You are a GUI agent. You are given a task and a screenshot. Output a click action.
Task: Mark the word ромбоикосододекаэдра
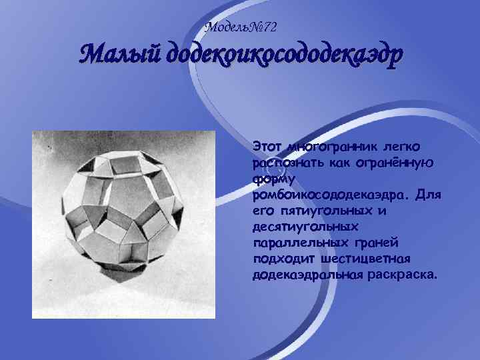pyautogui.click(x=331, y=195)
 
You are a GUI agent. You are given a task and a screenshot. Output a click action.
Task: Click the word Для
pyautogui.click(x=428, y=195)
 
